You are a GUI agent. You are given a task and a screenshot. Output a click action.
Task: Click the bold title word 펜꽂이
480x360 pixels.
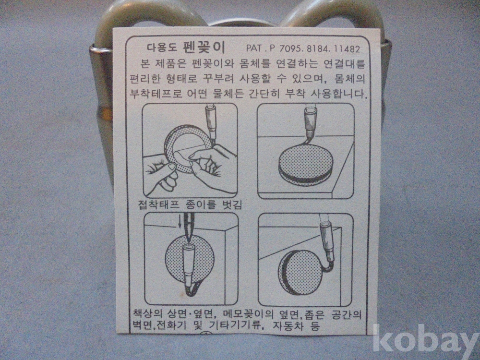click(x=204, y=47)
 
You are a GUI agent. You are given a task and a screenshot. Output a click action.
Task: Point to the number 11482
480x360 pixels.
click(x=347, y=49)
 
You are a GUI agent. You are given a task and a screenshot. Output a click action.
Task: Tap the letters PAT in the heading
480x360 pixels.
click(x=254, y=48)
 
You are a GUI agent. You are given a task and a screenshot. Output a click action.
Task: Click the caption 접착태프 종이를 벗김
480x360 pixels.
click(x=190, y=204)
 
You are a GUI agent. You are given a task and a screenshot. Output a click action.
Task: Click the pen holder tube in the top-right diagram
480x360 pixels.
click(x=311, y=122)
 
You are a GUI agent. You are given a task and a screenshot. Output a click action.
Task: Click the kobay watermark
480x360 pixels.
click(x=426, y=338)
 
